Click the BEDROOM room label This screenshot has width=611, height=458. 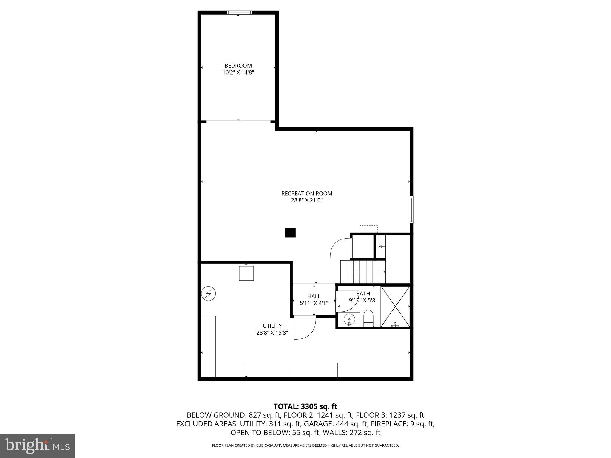click(x=238, y=66)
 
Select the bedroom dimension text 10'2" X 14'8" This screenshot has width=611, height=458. click(x=238, y=72)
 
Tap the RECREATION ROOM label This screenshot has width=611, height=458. click(x=307, y=194)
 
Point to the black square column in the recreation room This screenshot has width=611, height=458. click(x=290, y=233)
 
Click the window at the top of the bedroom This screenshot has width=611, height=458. click(x=239, y=13)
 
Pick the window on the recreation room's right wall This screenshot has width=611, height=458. click(x=411, y=210)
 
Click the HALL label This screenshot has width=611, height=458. click(x=314, y=296)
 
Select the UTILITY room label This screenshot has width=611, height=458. click(x=272, y=326)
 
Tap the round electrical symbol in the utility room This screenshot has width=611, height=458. click(x=209, y=294)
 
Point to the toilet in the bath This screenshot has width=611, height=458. click(x=369, y=318)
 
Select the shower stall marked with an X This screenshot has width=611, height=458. click(x=395, y=306)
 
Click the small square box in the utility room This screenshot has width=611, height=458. click(x=246, y=273)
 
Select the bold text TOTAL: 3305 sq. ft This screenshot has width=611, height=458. click(x=305, y=406)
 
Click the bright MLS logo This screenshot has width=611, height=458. click(x=37, y=446)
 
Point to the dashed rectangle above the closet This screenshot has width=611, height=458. click(x=368, y=229)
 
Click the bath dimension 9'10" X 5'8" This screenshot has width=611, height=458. click(x=363, y=301)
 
